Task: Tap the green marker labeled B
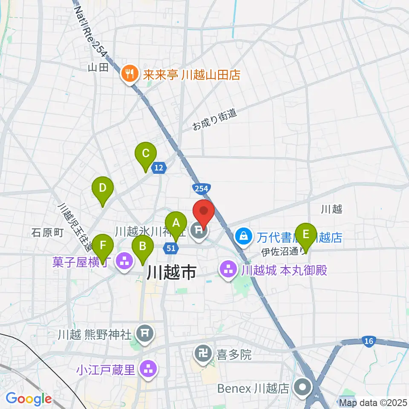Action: click(143, 246)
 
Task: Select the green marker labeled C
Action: click(146, 153)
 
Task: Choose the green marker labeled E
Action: click(306, 234)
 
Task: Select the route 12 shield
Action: click(158, 168)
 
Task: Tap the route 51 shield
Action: click(170, 248)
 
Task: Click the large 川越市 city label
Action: click(171, 272)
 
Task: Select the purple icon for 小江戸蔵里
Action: click(149, 369)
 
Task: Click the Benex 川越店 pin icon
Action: click(303, 388)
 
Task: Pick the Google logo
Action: click(29, 399)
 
